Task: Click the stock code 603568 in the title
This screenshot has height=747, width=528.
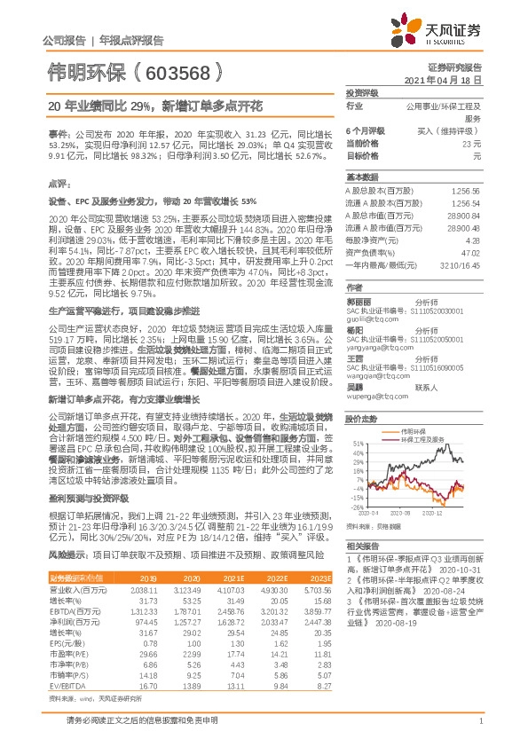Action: pyautogui.click(x=173, y=70)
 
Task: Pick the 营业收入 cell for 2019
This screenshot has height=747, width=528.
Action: pyautogui.click(x=145, y=588)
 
